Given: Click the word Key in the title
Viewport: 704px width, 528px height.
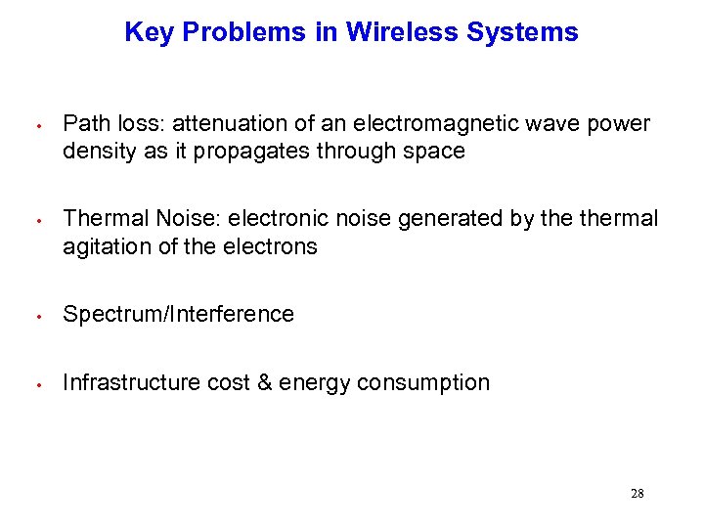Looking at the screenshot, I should click(149, 33).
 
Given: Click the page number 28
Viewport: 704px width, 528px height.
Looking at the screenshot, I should click(637, 494).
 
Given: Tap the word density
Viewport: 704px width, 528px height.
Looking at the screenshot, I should click(96, 152).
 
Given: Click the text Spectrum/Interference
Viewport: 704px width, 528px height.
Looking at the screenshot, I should click(178, 314).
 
